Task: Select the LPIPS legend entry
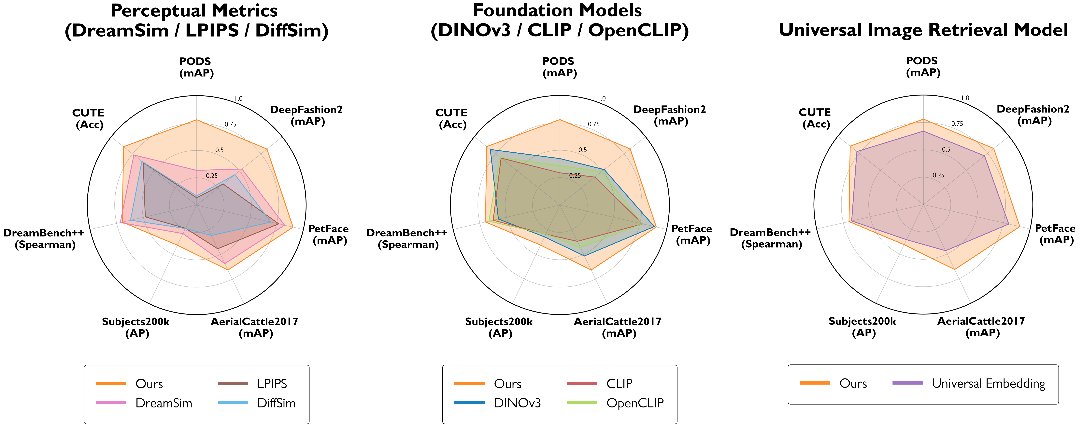tap(272, 384)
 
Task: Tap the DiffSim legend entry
tap(276, 403)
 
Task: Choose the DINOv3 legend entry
tap(517, 403)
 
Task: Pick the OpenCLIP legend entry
tap(635, 403)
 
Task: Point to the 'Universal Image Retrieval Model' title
tap(923, 30)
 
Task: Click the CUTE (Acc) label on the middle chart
tap(451, 118)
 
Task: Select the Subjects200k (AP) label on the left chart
tap(136, 327)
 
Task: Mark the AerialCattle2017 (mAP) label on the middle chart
tap(618, 327)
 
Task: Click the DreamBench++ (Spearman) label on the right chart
tap(770, 238)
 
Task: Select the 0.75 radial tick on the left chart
tap(230, 124)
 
